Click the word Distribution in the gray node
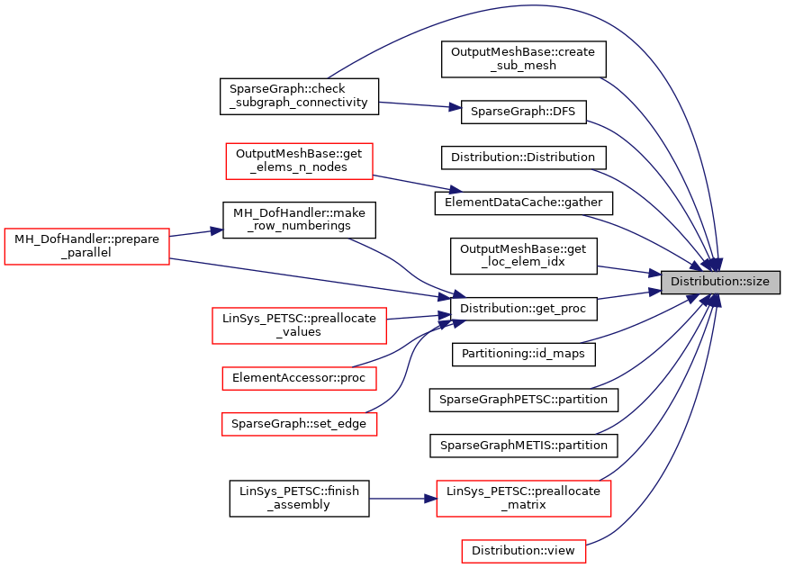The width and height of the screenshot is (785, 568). click(x=702, y=283)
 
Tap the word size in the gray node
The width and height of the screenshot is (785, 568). click(x=758, y=283)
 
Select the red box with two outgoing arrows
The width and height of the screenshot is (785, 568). click(x=86, y=247)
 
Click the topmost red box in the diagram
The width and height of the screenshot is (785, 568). click(x=299, y=161)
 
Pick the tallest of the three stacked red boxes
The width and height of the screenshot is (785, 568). click(x=299, y=326)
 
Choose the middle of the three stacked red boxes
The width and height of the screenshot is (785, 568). click(x=299, y=379)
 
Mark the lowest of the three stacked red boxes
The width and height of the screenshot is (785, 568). click(x=299, y=424)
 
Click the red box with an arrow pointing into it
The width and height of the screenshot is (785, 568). click(x=523, y=499)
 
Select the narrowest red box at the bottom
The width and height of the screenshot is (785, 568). click(x=523, y=551)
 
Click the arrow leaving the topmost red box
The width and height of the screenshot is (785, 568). click(x=414, y=183)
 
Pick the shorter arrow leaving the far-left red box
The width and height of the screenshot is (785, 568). click(x=194, y=233)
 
